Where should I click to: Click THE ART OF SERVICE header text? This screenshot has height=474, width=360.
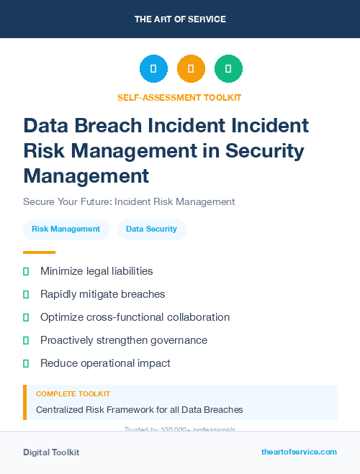pos(180,19)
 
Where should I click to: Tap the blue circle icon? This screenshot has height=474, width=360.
pos(153,69)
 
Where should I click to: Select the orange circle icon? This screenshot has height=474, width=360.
pos(191,69)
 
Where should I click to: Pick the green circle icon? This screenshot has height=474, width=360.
pos(228,69)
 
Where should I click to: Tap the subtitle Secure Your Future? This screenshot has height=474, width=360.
pos(129,201)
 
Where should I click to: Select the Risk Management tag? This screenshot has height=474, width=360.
pos(66,229)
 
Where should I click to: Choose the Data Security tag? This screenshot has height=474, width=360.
pos(151,229)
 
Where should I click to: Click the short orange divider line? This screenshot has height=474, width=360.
pos(39,252)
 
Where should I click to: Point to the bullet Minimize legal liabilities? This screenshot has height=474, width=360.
pos(96,271)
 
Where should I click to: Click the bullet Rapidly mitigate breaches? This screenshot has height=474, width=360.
pos(102,294)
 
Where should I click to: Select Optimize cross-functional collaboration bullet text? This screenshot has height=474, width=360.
pos(135,317)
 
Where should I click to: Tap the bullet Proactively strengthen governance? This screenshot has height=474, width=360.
pos(123,340)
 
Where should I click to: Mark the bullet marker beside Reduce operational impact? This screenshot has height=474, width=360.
pos(26,363)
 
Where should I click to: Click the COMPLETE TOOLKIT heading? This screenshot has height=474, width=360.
pos(73,394)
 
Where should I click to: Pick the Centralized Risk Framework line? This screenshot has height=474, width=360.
pos(139,410)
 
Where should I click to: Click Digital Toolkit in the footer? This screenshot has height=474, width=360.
pos(51,452)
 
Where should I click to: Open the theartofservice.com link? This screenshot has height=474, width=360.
pos(299,452)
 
